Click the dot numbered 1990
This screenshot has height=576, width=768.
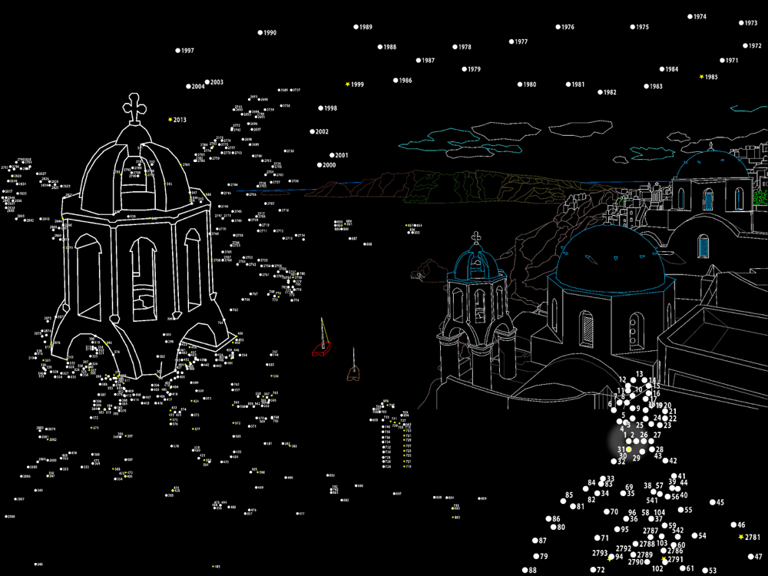pos(260,33)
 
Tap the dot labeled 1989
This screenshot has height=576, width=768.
pos(356,27)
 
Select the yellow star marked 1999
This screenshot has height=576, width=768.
pos(348,84)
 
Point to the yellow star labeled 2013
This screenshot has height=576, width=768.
pos(170,120)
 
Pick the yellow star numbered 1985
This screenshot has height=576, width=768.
pos(701,77)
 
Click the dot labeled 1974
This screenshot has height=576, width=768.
pos(690,17)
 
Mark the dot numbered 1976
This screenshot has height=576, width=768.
pos(558,27)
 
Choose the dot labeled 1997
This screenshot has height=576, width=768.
pos(178,51)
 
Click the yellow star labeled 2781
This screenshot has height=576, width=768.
pos(740,537)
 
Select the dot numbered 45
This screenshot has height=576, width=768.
pos(712,502)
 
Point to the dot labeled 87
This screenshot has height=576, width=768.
pos(535,541)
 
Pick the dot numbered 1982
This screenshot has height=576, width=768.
pos(598,92)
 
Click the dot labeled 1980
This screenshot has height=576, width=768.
pos(520,84)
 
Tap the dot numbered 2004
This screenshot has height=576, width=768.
pos(188,86)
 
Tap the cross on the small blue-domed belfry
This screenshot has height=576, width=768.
pos(476,237)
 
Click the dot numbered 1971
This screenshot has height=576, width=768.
pos(723,61)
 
